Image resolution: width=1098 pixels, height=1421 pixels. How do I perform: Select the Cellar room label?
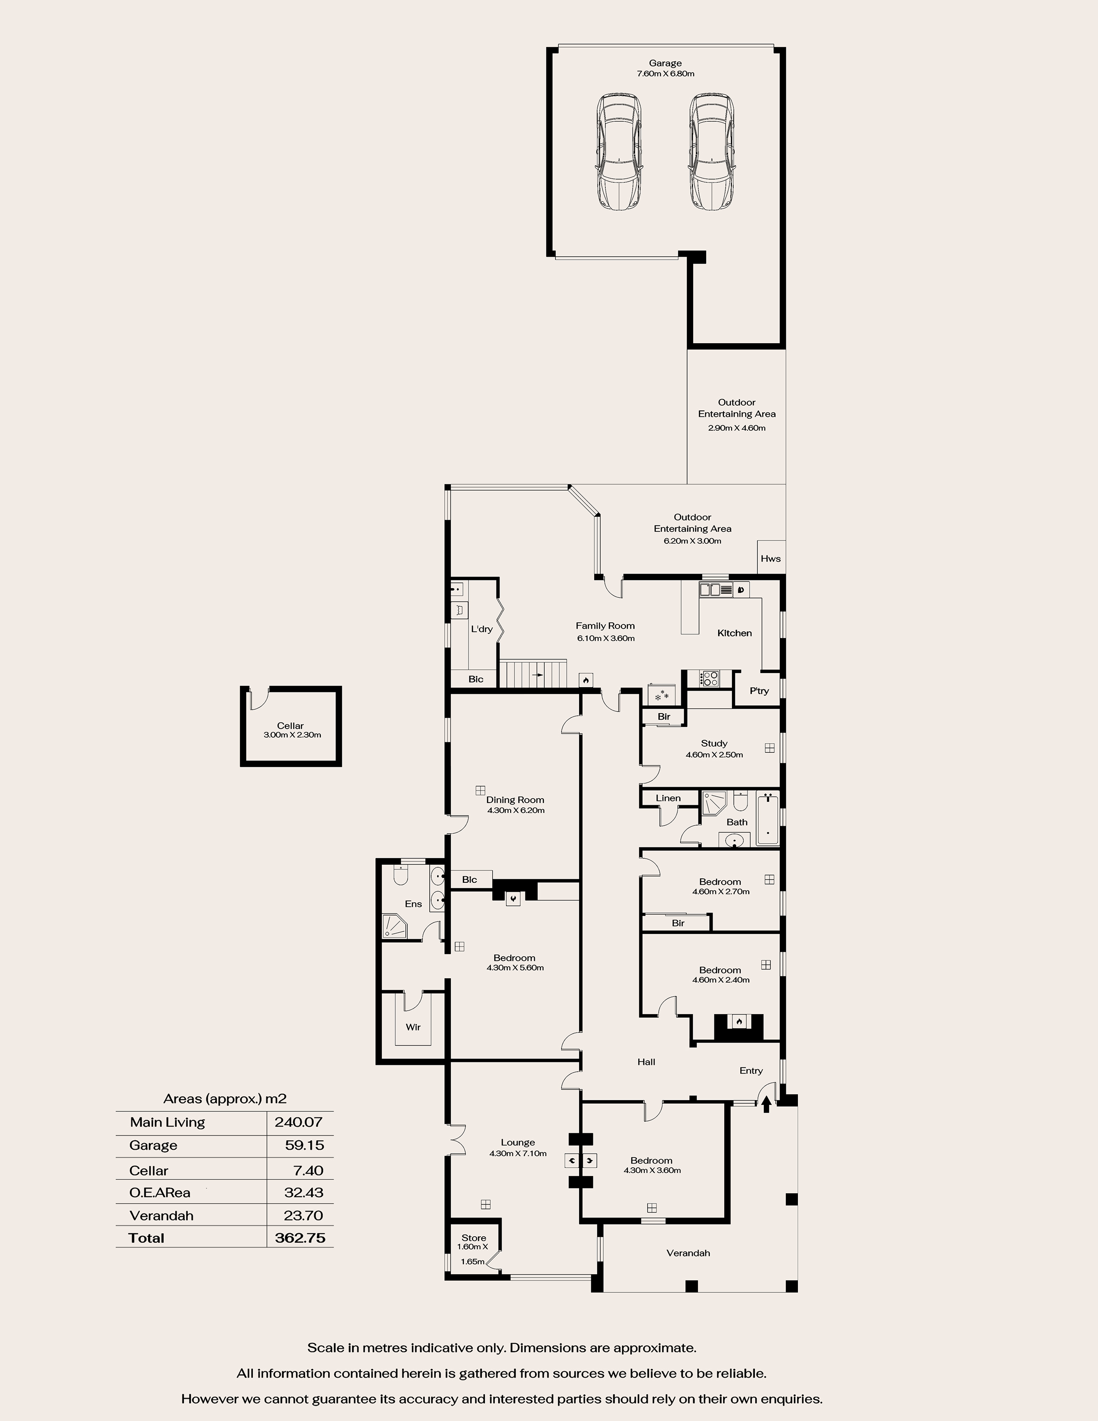click(x=290, y=726)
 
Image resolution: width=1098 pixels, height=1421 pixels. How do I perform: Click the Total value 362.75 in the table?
click(x=300, y=1238)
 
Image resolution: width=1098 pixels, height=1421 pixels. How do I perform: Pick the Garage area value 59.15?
click(x=304, y=1145)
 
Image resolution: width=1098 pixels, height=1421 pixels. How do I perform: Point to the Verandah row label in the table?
click(x=161, y=1216)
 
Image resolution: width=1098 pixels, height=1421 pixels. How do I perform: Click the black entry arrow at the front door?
click(x=766, y=1104)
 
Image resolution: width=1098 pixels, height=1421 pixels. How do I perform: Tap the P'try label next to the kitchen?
click(x=759, y=691)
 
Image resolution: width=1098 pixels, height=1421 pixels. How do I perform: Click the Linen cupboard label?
click(x=668, y=798)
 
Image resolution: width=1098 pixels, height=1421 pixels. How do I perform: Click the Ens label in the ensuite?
click(x=413, y=904)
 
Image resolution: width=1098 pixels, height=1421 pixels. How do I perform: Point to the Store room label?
click(x=474, y=1238)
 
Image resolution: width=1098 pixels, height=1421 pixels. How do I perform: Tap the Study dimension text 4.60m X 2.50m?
click(x=714, y=755)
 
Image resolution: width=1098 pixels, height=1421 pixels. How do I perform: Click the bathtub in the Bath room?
click(x=768, y=818)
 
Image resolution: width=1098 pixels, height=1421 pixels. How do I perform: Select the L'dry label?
click(x=482, y=629)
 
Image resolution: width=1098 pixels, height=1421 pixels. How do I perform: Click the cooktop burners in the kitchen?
click(x=709, y=679)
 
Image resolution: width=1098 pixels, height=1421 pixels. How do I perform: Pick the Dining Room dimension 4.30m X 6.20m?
click(x=516, y=811)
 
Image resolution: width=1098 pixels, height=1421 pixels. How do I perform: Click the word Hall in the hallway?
click(x=646, y=1062)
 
